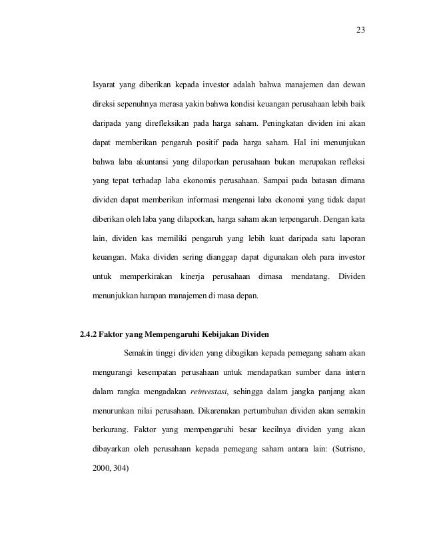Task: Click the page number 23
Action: tap(360, 31)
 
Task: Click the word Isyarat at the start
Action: tap(107, 85)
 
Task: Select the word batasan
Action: tap(320, 180)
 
